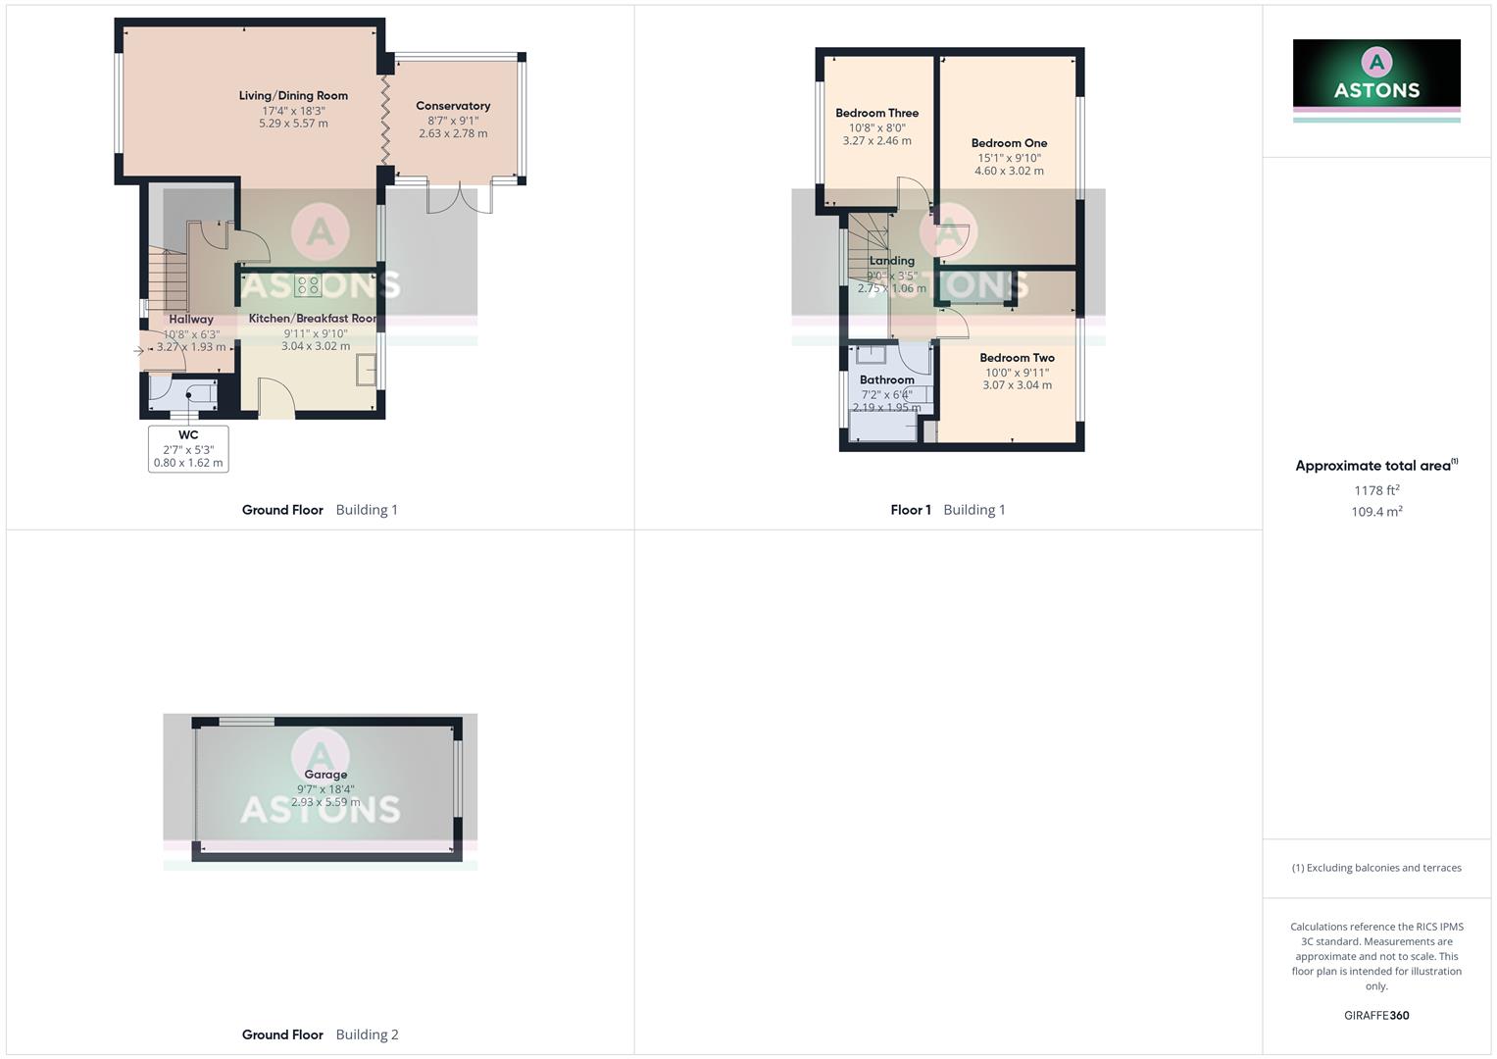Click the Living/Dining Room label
[x=293, y=96]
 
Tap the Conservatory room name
[x=453, y=106]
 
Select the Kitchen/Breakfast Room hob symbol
[x=308, y=285]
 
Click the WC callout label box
[x=188, y=449]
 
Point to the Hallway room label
[x=191, y=320]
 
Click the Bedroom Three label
[x=876, y=114]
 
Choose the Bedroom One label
[x=1009, y=143]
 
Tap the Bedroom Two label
[x=1017, y=358]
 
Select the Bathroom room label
[x=886, y=380]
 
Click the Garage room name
[x=325, y=775]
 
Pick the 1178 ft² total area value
[x=1376, y=490]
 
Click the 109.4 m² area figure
[x=1376, y=512]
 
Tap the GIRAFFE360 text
[x=1376, y=1016]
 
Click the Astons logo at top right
[x=1376, y=74]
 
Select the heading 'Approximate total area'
[x=1372, y=466]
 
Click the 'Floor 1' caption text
[x=911, y=510]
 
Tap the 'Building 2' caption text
[x=367, y=1034]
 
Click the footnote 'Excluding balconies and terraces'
[x=1376, y=868]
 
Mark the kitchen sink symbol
[x=368, y=370]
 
